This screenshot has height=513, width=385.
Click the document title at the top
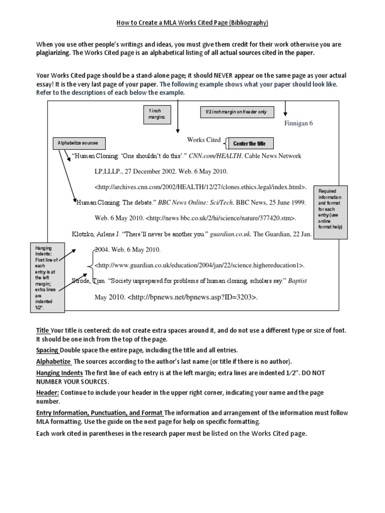tap(193, 23)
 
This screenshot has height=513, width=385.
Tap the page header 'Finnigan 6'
tap(298, 123)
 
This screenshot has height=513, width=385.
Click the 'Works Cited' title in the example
tap(204, 140)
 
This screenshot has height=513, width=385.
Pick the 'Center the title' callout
tap(249, 144)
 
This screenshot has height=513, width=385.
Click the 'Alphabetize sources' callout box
tap(78, 143)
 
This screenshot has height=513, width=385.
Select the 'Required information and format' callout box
tap(330, 209)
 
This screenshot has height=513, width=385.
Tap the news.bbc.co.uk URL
tap(221, 218)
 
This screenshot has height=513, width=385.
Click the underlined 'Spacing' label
tap(47, 350)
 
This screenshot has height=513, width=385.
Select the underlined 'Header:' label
tap(48, 393)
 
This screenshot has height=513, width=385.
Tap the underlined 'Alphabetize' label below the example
tap(54, 361)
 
